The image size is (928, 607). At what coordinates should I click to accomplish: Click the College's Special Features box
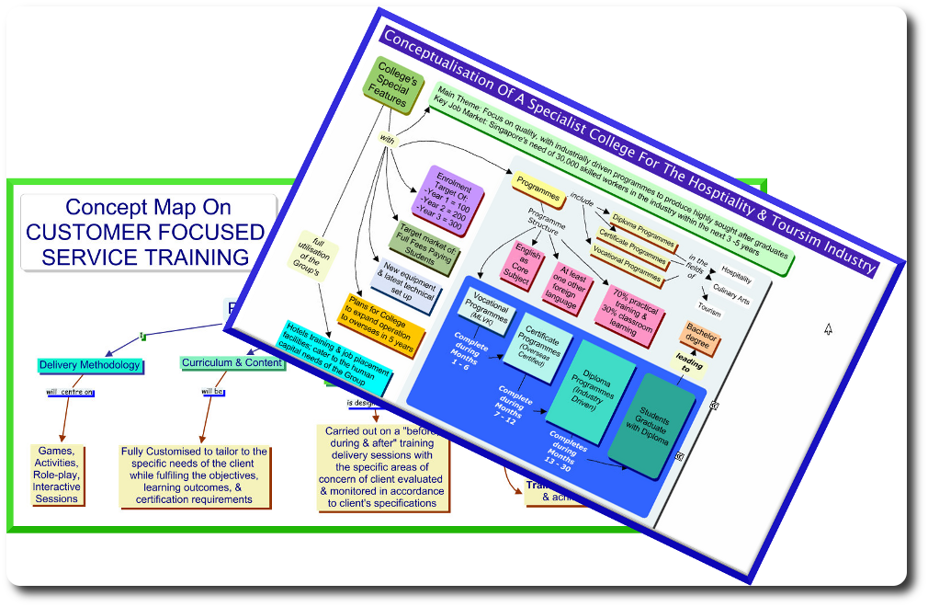392,85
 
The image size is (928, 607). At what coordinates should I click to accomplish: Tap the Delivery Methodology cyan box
90,365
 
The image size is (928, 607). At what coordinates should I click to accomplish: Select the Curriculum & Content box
232,363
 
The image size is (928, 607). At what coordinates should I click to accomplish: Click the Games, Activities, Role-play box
57,475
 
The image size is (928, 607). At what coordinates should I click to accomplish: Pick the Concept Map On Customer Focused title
148,233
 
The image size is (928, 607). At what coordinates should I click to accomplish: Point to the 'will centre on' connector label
71,393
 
